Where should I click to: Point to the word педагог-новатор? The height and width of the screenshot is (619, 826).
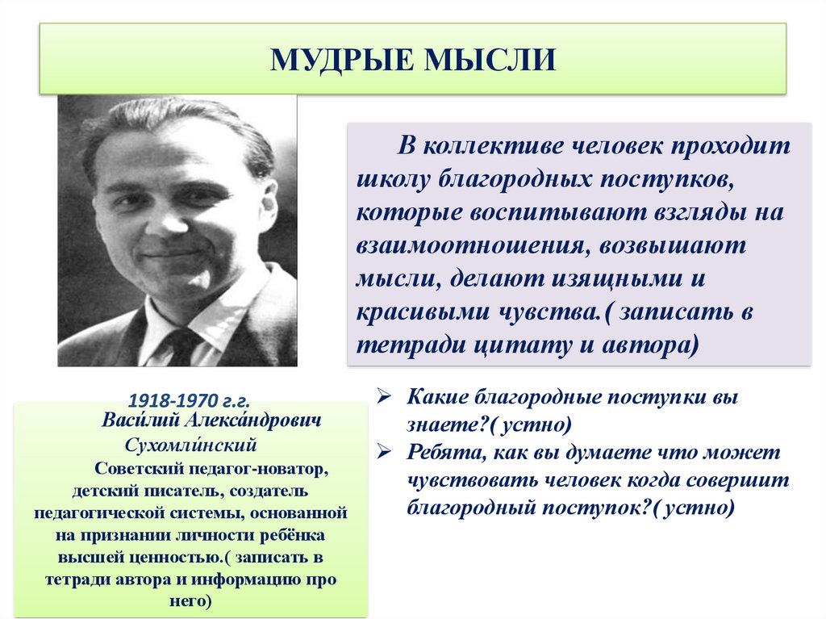point(265,468)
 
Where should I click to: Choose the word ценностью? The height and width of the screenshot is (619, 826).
point(172,558)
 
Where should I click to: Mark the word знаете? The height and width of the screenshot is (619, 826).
point(440,425)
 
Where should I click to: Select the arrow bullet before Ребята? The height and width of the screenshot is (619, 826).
point(385,454)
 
